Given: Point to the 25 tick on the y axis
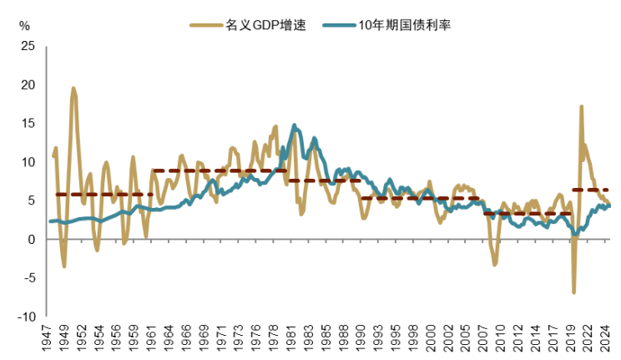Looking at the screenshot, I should (28, 47).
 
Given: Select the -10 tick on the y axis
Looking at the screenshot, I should (26, 317).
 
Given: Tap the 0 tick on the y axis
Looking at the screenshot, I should (32, 240).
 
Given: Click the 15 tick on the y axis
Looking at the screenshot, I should (28, 124).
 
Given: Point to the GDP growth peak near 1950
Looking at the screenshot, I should (73, 88).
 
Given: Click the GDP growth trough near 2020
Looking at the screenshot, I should (573, 292).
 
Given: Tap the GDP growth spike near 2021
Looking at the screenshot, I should (581, 106).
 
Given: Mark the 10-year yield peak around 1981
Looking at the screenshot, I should (295, 125).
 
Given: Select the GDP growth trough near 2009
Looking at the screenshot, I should (494, 265).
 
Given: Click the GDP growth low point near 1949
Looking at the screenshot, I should (64, 266).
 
